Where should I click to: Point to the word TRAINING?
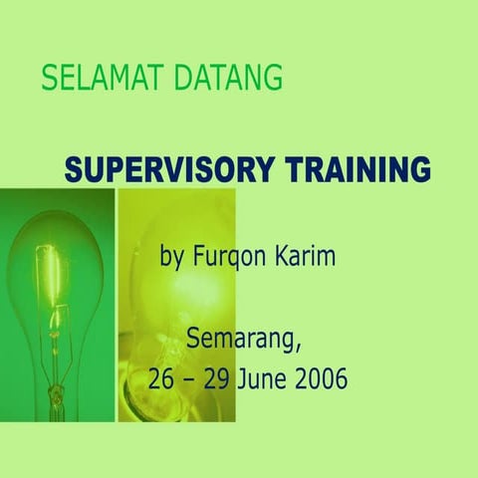tap(358, 169)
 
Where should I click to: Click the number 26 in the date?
tap(162, 379)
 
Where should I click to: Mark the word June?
tap(267, 379)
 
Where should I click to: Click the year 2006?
tap(322, 379)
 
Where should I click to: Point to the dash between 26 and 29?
tap(192, 380)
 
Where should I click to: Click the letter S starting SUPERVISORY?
tap(75, 169)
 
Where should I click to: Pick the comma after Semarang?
tap(296, 349)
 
